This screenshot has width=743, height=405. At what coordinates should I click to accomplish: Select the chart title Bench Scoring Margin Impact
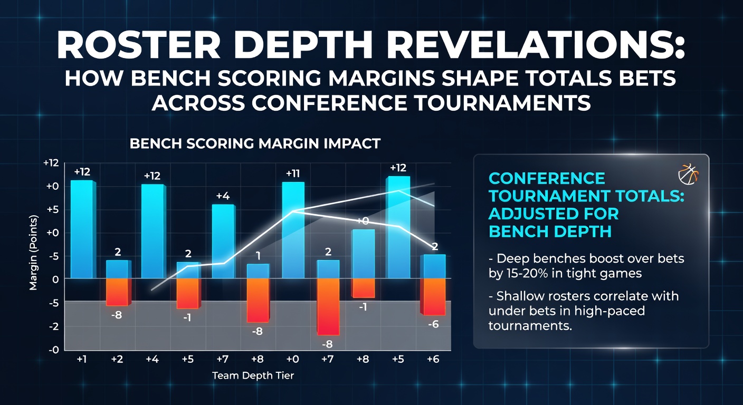255,144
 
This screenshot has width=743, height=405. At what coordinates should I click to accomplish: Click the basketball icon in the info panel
688,174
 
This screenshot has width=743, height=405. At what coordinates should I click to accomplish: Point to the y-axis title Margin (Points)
33,253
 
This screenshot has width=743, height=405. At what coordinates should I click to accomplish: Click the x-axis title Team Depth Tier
253,375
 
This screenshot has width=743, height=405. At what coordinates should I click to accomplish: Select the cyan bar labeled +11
293,230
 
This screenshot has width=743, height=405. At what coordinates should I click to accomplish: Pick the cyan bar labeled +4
223,242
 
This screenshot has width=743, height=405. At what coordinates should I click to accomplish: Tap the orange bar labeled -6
433,296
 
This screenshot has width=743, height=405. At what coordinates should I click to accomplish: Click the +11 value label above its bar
292,173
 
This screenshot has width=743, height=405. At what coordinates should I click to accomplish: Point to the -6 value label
433,324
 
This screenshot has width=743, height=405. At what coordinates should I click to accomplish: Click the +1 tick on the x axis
82,359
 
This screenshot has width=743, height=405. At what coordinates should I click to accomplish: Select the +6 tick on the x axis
433,359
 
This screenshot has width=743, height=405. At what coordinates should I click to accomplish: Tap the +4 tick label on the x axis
153,359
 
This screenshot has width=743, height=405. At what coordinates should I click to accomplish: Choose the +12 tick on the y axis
51,163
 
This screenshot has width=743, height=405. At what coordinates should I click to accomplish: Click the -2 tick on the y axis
53,326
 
